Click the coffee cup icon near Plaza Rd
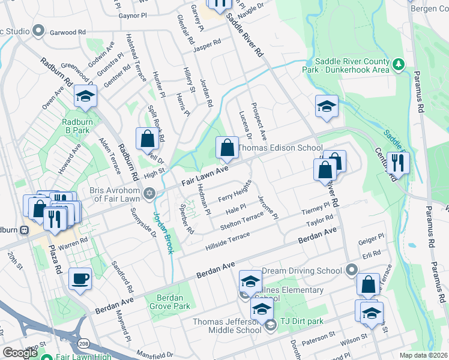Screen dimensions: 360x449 pos(80,278)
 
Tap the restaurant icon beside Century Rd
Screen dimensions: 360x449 pos(397,161)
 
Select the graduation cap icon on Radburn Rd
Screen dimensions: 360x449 pos(85,97)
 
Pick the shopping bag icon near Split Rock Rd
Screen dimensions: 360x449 pos(147,139)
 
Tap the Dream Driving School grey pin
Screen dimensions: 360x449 pos(352,271)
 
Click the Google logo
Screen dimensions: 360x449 pos(20,353)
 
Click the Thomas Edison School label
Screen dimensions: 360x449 pos(280,148)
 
